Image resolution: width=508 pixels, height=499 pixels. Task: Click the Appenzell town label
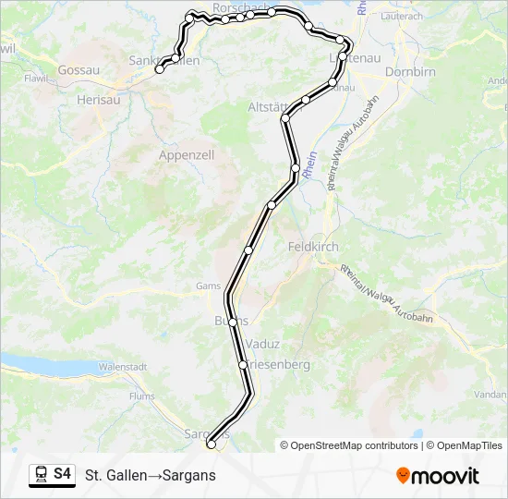point(187,155)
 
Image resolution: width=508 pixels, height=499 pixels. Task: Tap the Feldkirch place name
point(313,248)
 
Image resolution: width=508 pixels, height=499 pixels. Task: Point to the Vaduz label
point(263,343)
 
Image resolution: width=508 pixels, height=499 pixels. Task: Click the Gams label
point(208,286)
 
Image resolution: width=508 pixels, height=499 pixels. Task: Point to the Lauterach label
point(401,17)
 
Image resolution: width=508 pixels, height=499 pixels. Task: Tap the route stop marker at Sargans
point(212,444)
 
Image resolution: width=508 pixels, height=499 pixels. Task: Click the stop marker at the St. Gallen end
point(160,69)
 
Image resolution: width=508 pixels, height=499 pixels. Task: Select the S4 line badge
point(62,474)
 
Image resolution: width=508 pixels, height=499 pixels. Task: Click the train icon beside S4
point(41,475)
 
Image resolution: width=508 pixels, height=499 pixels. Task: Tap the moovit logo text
point(445,476)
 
